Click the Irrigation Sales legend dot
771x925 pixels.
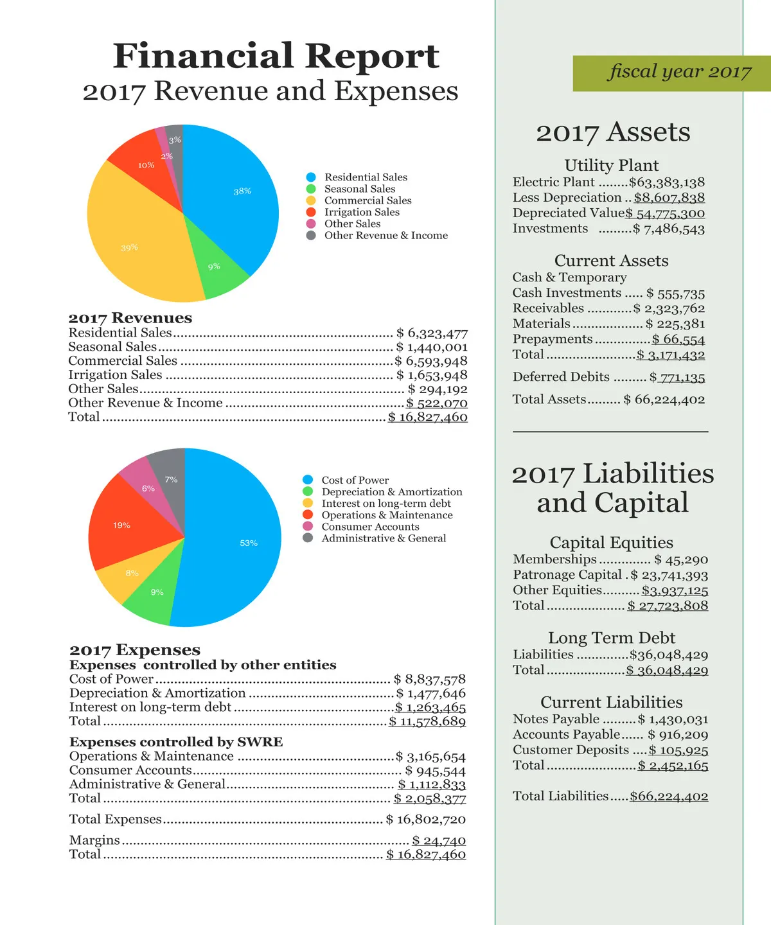point(311,212)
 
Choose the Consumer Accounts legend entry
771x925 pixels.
point(370,527)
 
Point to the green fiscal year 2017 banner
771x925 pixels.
point(671,73)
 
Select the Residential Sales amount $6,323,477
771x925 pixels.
point(432,333)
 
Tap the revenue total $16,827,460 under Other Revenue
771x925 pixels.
point(428,417)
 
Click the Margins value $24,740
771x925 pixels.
point(439,840)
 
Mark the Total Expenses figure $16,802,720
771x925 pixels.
point(426,820)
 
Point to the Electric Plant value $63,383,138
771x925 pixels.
point(667,182)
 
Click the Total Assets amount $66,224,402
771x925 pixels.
point(664,400)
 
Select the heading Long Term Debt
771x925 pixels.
point(611,638)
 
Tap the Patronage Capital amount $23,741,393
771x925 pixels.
point(669,576)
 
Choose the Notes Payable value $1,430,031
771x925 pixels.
point(673,719)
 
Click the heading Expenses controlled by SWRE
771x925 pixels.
point(176,742)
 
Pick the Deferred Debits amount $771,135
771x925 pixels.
point(677,378)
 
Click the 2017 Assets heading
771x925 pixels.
point(613,132)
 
